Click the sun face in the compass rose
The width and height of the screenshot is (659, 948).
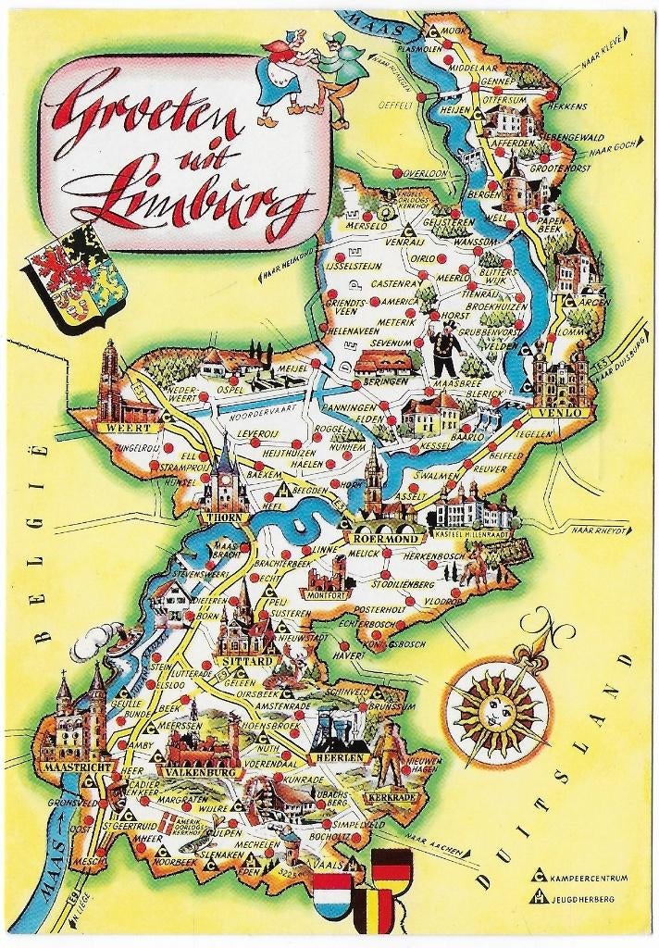point(494,708)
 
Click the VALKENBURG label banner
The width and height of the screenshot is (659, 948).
point(200,770)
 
